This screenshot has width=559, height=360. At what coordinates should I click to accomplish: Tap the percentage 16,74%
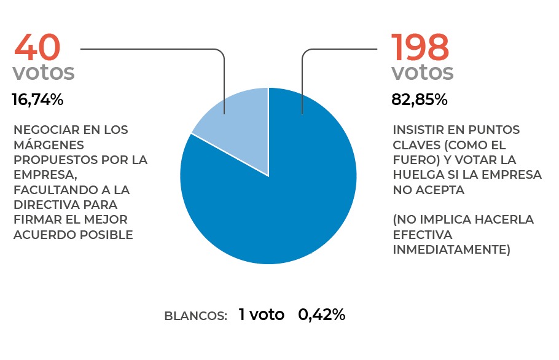[37, 100]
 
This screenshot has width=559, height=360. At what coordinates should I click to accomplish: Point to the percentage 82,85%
[420, 100]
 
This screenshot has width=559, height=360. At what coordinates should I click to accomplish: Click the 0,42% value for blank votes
[321, 315]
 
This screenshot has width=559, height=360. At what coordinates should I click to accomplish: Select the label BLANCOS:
[196, 316]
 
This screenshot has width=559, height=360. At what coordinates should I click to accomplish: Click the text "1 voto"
[262, 315]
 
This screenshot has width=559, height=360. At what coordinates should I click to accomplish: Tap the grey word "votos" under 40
[44, 72]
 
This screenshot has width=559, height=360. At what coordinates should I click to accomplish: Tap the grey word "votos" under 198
[423, 72]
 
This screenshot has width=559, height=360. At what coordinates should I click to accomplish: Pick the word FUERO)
[415, 160]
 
